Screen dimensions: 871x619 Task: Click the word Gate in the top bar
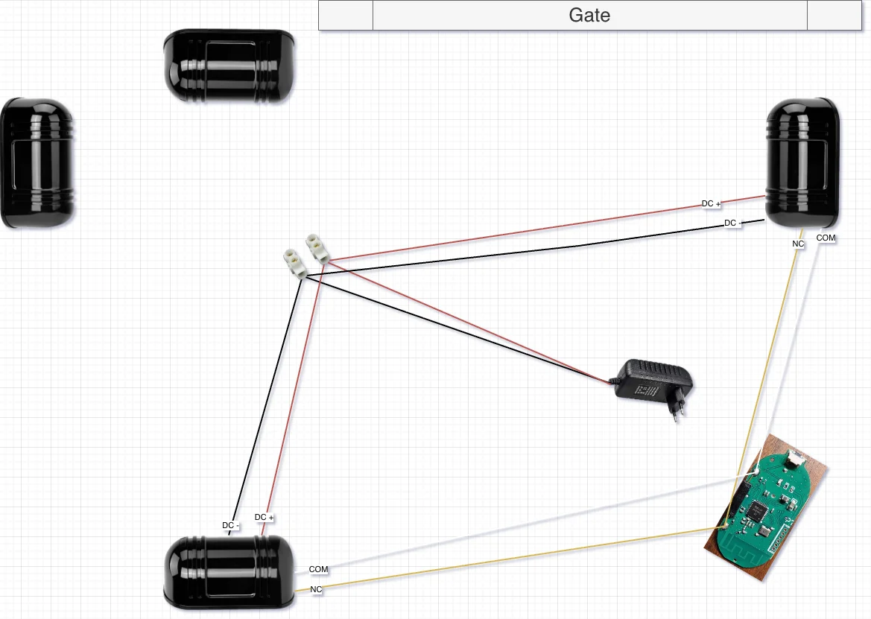click(589, 15)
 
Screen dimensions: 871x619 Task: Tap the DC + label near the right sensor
click(711, 204)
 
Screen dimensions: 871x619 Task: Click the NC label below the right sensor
click(798, 244)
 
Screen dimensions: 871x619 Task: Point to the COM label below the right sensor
click(826, 238)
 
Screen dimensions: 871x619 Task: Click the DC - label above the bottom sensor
click(230, 525)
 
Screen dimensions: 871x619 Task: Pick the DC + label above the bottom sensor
click(264, 517)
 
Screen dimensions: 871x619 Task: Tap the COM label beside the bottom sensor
click(318, 569)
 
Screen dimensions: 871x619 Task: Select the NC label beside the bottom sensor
click(316, 589)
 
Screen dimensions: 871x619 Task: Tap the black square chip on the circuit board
click(758, 507)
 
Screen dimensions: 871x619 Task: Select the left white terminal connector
click(294, 263)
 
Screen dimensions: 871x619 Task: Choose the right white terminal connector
click(317, 248)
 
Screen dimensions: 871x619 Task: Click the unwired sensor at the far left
click(37, 163)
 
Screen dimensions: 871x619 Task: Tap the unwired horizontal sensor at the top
click(229, 66)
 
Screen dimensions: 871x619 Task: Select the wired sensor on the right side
click(802, 163)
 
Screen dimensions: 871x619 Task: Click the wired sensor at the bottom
click(229, 572)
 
